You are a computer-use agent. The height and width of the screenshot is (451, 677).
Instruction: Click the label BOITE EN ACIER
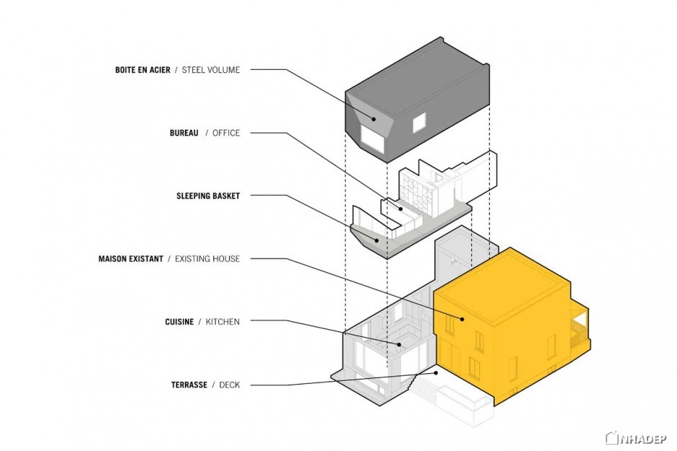pyautogui.click(x=143, y=70)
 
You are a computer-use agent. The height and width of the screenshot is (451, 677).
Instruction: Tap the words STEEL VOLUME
pyautogui.click(x=211, y=70)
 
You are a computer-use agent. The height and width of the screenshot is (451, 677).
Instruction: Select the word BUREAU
pyautogui.click(x=184, y=133)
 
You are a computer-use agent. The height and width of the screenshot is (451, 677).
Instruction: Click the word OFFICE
pyautogui.click(x=226, y=133)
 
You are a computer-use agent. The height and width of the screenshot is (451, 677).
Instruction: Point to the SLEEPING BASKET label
pyautogui.click(x=208, y=196)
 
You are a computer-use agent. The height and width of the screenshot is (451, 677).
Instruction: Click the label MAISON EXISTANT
pyautogui.click(x=131, y=259)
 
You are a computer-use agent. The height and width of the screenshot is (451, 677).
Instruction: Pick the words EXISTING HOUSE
pyautogui.click(x=207, y=259)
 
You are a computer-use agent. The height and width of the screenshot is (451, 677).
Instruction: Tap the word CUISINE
pyautogui.click(x=179, y=322)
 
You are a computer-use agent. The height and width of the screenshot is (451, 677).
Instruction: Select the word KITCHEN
pyautogui.click(x=223, y=322)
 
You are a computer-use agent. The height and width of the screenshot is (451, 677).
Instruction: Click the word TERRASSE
pyautogui.click(x=189, y=385)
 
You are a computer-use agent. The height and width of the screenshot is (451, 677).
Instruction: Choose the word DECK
pyautogui.click(x=229, y=385)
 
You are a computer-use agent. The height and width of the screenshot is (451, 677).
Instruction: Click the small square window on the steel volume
pyautogui.click(x=419, y=122)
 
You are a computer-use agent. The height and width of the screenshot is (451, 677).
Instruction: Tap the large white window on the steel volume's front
pyautogui.click(x=372, y=139)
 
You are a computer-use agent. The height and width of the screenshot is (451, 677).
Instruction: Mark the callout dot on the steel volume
pyautogui.click(x=375, y=119)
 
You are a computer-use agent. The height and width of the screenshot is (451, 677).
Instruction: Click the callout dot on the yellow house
pyautogui.click(x=462, y=319)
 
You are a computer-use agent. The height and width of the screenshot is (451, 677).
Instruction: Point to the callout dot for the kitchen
pyautogui.click(x=400, y=344)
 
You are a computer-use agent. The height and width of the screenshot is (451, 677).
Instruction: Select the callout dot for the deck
pyautogui.click(x=436, y=372)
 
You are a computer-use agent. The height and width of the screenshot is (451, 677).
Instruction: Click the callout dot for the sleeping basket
pyautogui.click(x=377, y=241)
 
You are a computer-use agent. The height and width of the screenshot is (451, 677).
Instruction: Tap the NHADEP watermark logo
pyautogui.click(x=636, y=439)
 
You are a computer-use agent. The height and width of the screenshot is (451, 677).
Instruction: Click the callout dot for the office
pyautogui.click(x=401, y=209)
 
